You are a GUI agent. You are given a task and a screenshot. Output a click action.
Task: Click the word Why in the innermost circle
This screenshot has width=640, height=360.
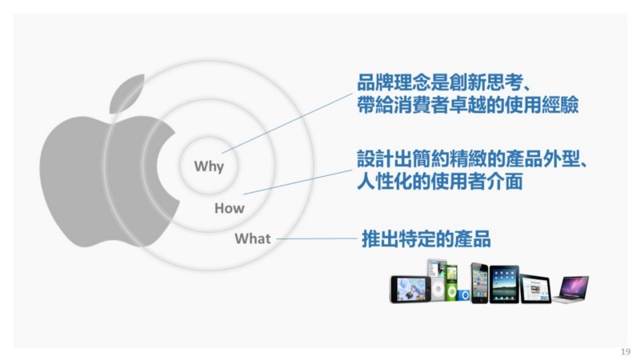tap(209, 166)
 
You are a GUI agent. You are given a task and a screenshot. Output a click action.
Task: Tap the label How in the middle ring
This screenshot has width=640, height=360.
tap(230, 208)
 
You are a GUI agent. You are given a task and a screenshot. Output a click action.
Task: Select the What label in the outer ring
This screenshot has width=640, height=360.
tap(253, 238)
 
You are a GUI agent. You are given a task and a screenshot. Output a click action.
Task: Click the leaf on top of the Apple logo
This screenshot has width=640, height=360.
tap(126, 94)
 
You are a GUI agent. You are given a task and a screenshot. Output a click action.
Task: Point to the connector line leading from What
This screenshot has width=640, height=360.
tap(317, 238)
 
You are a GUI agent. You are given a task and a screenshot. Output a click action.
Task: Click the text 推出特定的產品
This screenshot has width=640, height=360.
tap(426, 238)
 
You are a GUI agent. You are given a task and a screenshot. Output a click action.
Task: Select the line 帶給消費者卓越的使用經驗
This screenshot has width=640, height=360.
tap(468, 105)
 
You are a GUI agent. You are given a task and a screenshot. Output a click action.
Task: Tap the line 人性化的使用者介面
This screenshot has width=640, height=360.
tap(439, 182)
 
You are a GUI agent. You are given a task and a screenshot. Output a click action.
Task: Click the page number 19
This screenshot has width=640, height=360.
tap(626, 351)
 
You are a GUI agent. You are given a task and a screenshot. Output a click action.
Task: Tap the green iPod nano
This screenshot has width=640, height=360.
tap(451, 283)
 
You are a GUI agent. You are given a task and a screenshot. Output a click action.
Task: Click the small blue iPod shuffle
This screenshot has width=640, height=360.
tap(463, 294)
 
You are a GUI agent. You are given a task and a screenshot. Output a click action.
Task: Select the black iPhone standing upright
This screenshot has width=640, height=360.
tap(479, 283)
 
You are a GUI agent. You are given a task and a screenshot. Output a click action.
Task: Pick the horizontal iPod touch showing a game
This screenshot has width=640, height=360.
tap(410, 290)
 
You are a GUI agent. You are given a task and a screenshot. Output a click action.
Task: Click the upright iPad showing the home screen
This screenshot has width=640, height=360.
tap(504, 284)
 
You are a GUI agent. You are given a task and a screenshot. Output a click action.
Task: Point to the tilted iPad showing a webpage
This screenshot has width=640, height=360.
tap(535, 289)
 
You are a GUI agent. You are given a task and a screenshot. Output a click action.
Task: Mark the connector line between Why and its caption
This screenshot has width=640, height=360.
tap(287, 123)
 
